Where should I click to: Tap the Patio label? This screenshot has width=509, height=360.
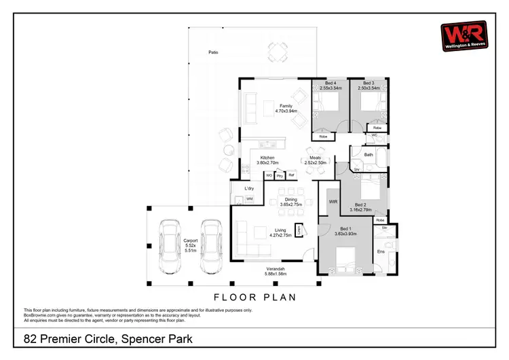click(214, 52)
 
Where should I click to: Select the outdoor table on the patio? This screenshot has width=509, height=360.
click(276, 51)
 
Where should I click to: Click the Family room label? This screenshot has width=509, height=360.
click(288, 108)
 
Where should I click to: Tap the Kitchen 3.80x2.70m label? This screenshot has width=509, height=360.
click(267, 160)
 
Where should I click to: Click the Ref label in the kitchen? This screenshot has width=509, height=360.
click(292, 175)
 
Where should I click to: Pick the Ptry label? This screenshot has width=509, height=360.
click(280, 175)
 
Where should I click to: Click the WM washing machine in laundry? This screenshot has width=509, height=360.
click(249, 199)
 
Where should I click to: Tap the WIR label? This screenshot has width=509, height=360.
click(333, 202)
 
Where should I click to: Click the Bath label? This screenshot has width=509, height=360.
click(369, 155)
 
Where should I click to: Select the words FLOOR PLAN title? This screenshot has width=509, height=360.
click(254, 297)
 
